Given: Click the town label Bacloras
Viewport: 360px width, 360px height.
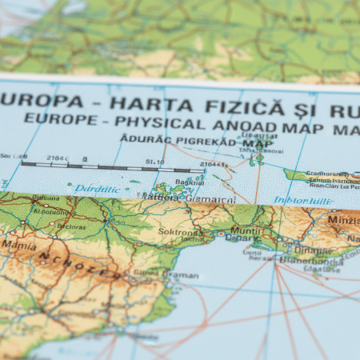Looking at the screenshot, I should click(x=71, y=226).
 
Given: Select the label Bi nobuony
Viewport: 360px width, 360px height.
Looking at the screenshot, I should click(x=50, y=213).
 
